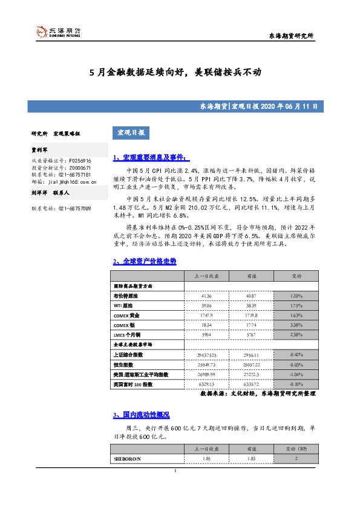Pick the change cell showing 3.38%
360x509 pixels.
pyautogui.click(x=296, y=325)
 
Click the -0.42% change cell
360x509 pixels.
pyautogui.click(x=296, y=355)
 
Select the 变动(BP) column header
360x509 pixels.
pyautogui.click(x=296, y=449)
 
